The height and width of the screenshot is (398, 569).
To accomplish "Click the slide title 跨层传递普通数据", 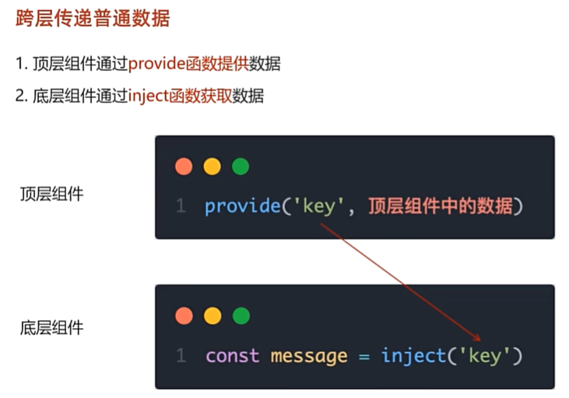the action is point(93,19).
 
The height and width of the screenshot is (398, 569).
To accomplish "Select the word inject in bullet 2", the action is point(147,96).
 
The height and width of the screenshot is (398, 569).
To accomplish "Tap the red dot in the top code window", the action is point(184,167).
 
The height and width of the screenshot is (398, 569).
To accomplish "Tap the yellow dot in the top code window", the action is point(212,167).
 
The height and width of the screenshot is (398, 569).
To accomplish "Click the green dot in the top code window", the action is point(241,167).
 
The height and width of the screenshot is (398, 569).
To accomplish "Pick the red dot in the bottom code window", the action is point(184,315).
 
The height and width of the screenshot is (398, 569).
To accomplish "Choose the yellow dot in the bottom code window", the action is point(212,315).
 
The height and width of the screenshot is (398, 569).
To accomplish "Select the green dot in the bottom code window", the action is point(241,315).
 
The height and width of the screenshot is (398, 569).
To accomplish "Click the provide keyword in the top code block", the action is point(242,206).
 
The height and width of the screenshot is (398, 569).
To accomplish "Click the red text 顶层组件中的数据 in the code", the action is point(440,206).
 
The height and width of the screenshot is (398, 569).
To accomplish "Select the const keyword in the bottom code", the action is point(233,356).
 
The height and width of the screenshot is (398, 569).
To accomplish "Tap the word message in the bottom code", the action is point(308,356).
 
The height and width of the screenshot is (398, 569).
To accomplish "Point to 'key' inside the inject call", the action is point(486,356).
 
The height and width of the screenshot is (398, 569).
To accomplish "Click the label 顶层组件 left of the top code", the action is point(51,194).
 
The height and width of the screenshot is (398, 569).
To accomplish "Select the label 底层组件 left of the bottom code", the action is point(51,328).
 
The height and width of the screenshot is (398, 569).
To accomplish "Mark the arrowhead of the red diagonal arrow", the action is point(479,339).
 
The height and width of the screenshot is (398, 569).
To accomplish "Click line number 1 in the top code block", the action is point(181,206).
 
